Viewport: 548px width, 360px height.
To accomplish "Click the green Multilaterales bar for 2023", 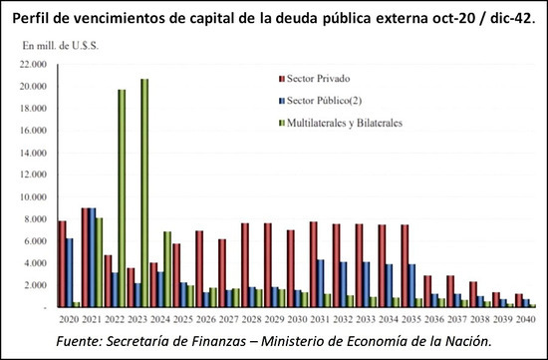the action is pos(144,193).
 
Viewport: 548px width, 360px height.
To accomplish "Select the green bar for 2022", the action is pos(122,198).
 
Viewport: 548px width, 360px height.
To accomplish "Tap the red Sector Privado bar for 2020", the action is pos(62,264).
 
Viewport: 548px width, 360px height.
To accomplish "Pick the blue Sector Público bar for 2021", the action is pos(93,258).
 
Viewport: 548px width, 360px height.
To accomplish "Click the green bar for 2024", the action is pos(167,269).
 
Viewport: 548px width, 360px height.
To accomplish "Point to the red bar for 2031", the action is pos(313,264).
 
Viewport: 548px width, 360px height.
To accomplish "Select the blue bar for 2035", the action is pos(412,286).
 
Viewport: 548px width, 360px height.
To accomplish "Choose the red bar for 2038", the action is pos(473,294).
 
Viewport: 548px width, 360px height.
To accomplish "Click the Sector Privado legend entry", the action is pos(314,79).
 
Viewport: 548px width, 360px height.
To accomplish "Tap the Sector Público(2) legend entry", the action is pos(320,101).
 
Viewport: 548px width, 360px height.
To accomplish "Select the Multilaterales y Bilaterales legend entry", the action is pos(341,123).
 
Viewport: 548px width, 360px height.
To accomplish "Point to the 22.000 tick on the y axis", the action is pos(32,65).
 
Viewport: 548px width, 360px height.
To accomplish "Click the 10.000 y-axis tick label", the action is pos(32,197).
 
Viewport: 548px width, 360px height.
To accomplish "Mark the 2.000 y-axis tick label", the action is pos(34,285).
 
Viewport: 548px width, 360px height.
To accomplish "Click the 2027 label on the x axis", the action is pos(229,319).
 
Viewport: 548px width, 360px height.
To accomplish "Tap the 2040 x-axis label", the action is pos(526,319).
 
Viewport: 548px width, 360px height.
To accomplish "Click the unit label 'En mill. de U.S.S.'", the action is pos(61,46).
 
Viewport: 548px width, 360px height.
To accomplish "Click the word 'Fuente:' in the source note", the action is pos(80,341).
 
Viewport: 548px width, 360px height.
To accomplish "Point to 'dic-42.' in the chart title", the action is pos(512,19).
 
